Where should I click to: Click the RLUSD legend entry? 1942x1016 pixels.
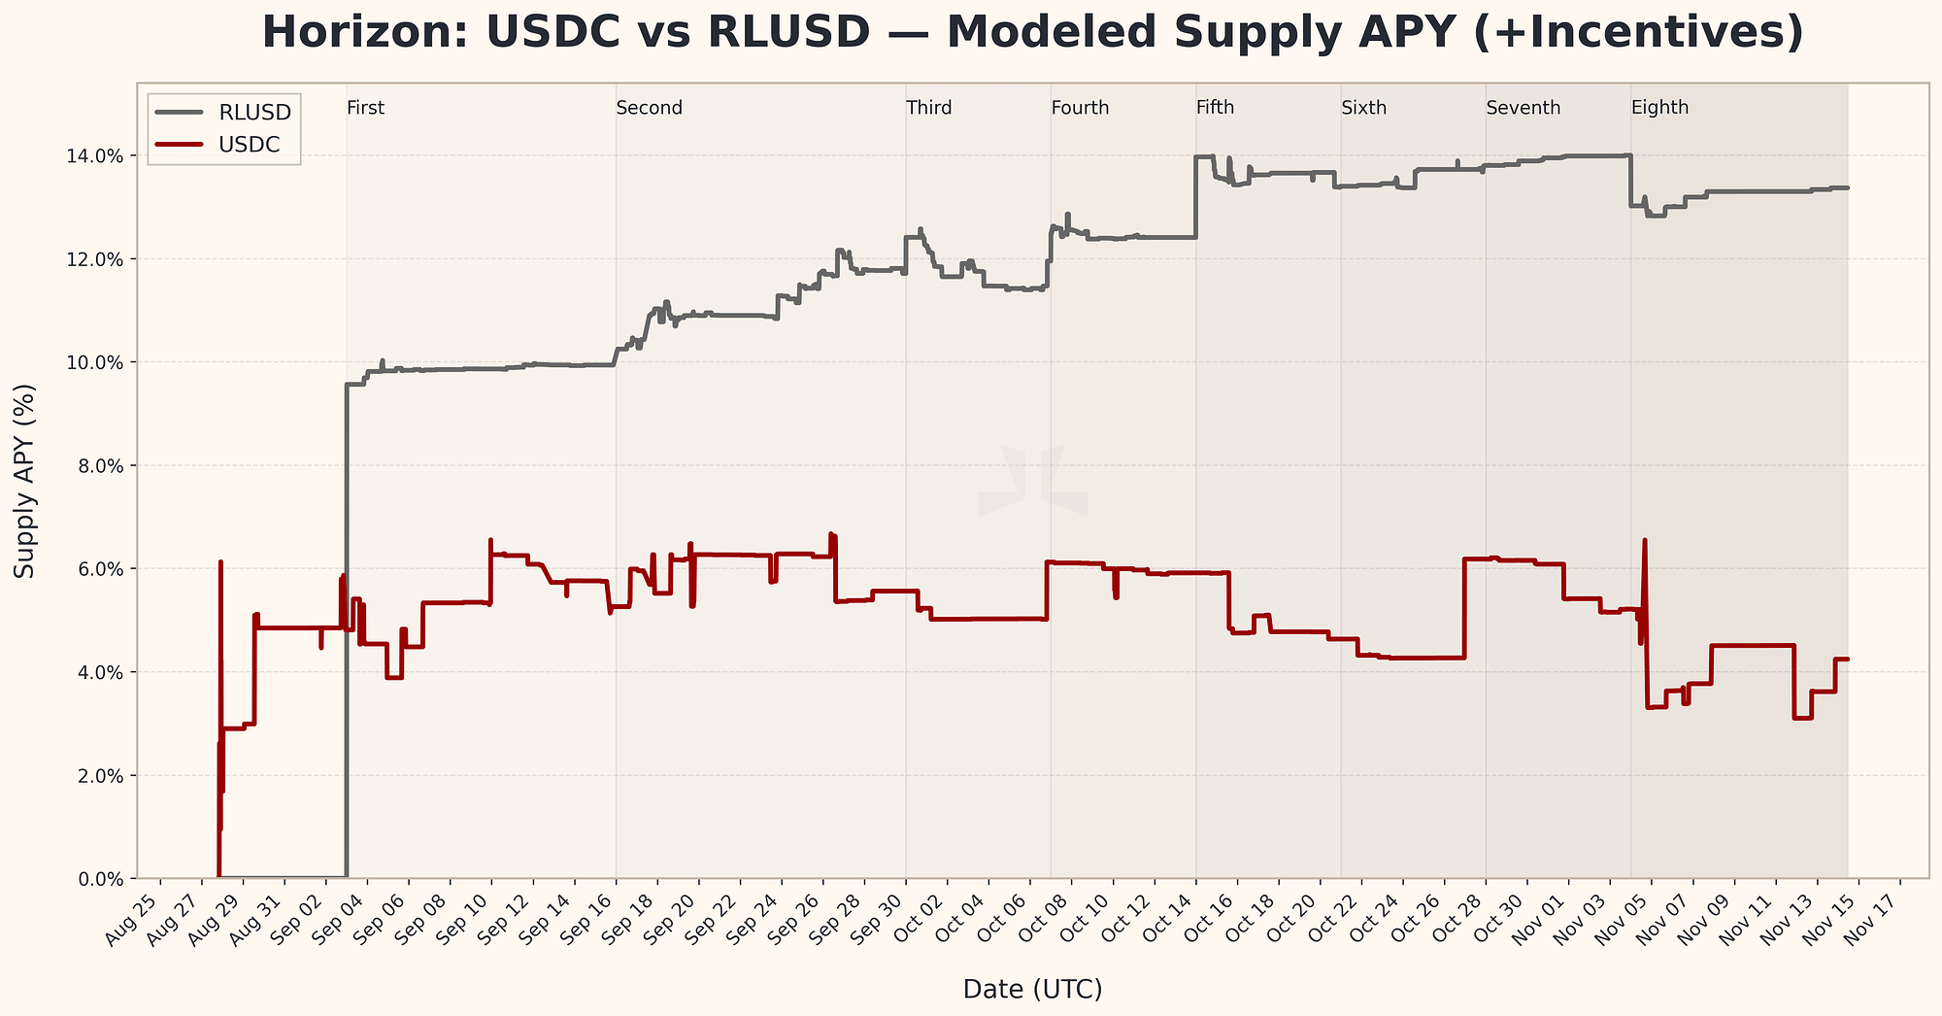[255, 113]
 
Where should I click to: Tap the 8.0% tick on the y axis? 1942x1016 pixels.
[101, 466]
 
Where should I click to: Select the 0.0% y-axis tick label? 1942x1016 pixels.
[101, 879]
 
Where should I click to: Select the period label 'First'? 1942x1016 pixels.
[366, 109]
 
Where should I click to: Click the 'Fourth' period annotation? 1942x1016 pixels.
[1080, 109]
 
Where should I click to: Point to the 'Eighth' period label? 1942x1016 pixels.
[1659, 109]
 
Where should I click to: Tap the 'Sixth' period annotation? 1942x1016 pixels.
[1363, 109]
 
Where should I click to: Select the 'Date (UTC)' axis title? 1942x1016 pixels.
[1032, 990]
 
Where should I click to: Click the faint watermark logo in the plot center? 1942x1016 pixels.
[1032, 481]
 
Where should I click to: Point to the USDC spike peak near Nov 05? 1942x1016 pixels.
[1644, 540]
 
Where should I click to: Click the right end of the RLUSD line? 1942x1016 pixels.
[1847, 187]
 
